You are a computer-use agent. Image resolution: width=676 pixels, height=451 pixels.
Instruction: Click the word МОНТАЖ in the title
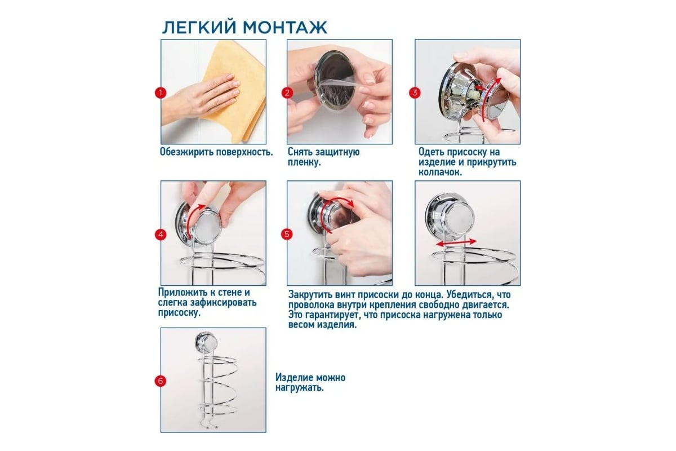285,28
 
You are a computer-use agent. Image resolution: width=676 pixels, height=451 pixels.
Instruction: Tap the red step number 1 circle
161,93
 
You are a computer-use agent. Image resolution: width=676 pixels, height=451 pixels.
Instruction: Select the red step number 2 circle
287,93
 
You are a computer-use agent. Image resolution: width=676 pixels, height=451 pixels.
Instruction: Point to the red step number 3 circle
415,93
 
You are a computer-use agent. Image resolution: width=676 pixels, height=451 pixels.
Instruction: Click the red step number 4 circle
161,235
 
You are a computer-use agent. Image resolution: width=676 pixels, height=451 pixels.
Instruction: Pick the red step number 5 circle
287,235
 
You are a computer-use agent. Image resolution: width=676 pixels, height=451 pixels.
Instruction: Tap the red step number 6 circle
161,381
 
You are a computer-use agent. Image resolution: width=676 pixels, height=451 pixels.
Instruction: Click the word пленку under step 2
304,162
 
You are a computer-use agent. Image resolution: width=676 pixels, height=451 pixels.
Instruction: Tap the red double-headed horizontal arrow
457,242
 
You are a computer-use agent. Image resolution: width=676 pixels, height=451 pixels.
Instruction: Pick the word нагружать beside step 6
299,387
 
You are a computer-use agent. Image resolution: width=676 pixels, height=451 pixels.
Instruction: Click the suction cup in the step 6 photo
206,342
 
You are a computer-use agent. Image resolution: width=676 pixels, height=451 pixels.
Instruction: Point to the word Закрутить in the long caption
310,294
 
